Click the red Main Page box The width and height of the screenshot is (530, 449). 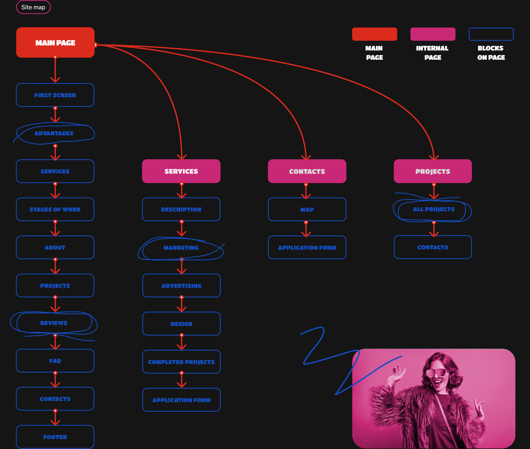[x=55, y=43]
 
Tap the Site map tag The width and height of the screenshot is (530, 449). [x=33, y=7]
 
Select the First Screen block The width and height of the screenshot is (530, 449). [x=55, y=95]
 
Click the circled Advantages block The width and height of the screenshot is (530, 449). [x=54, y=133]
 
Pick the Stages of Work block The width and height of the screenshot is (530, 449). [x=55, y=209]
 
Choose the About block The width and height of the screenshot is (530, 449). [x=55, y=247]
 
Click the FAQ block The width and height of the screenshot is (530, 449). [x=55, y=361]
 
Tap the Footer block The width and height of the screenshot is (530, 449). [x=55, y=437]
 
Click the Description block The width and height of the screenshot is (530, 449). [x=181, y=209]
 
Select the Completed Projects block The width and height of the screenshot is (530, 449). [x=181, y=362]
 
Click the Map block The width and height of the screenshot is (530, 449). [x=307, y=209]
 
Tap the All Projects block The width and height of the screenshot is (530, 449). [x=433, y=209]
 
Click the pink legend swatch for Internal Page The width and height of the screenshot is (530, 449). [x=433, y=34]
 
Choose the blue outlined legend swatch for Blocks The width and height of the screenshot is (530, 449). [x=491, y=34]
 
